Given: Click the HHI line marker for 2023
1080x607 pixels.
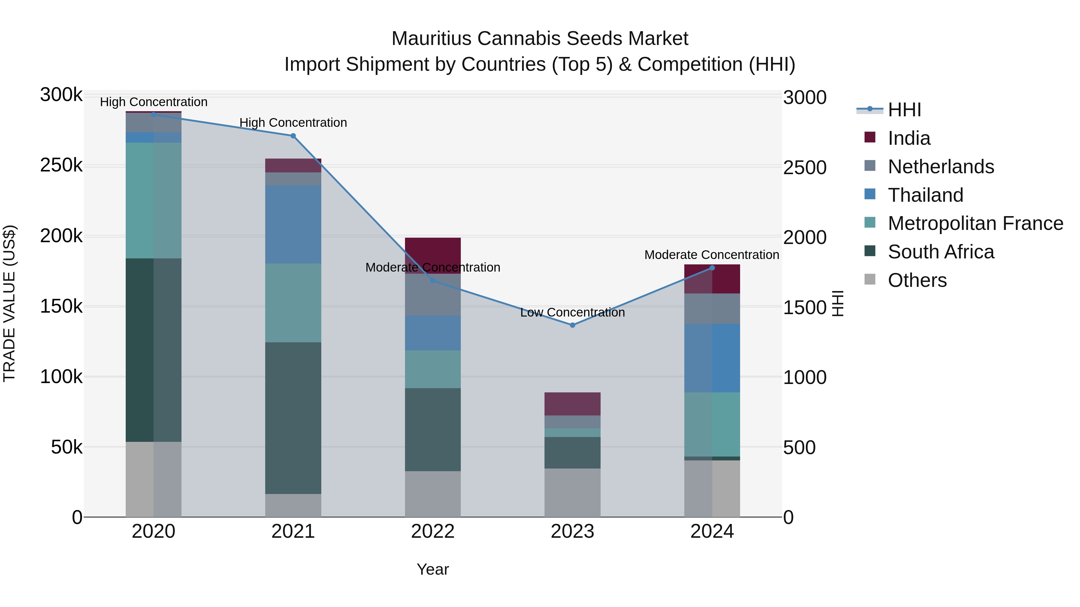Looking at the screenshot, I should click(x=572, y=325).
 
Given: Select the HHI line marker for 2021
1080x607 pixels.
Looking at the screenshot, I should click(x=293, y=136).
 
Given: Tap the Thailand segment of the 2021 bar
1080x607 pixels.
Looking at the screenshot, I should click(x=293, y=225).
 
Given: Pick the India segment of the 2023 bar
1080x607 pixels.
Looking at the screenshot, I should click(x=572, y=404).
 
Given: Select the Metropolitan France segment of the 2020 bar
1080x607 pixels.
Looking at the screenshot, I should click(x=153, y=200).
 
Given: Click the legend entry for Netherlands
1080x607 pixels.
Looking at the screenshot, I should click(x=940, y=167).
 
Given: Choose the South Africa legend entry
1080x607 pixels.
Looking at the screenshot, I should click(x=940, y=252).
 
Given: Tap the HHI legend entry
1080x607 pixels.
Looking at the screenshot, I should click(x=904, y=110).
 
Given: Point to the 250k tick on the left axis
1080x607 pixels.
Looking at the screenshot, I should click(x=61, y=165).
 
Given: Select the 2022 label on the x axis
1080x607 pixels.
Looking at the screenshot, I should click(x=433, y=531).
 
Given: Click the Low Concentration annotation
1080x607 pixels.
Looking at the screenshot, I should click(x=572, y=313).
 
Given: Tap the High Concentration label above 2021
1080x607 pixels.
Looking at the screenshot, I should click(x=293, y=123).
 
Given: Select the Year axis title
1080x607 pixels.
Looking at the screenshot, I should click(x=433, y=569).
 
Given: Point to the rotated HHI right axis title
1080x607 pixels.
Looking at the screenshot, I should click(x=837, y=303).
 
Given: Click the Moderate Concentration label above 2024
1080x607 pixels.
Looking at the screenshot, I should click(x=712, y=255).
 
